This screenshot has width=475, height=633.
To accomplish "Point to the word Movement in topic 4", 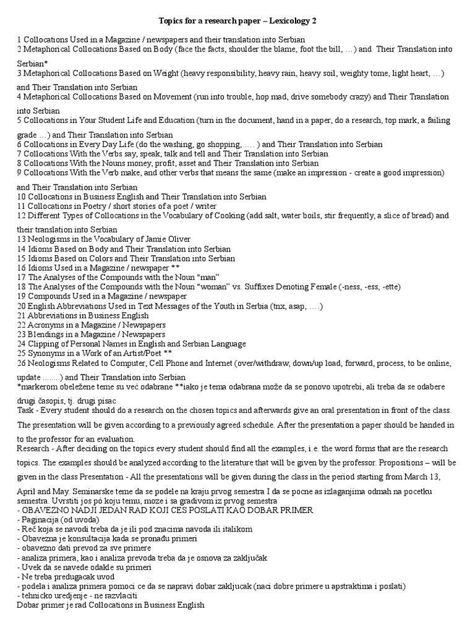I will (x=163, y=97).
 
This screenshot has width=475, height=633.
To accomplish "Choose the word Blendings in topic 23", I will (x=47, y=334).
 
